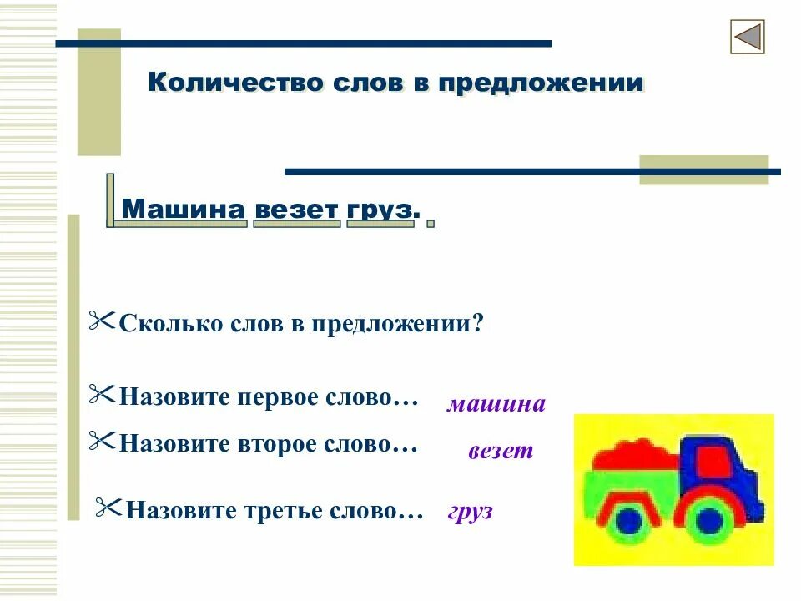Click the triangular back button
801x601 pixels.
point(748,38)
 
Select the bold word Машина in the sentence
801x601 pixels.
point(184,209)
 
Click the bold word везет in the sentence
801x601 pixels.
point(295,209)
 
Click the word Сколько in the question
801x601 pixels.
point(170,323)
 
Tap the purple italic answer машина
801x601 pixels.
point(496,405)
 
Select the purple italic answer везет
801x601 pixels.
point(500,452)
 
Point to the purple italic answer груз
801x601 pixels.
point(470,511)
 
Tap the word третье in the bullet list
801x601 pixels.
point(286,509)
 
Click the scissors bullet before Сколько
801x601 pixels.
point(102,321)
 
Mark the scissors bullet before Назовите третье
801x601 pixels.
point(108,507)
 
